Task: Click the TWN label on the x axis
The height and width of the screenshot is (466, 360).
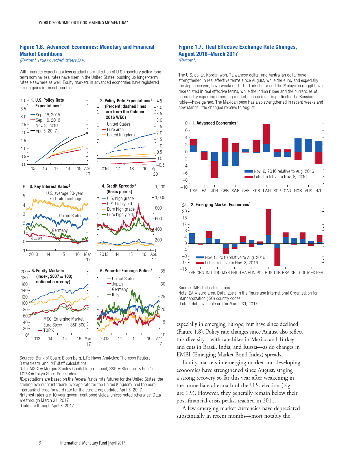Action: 267,191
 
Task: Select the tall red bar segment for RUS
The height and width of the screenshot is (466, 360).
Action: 268,222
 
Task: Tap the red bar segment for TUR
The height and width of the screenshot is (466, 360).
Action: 277,257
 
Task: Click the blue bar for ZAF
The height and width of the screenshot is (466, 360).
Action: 192,238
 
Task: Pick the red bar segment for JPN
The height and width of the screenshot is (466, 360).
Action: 215,169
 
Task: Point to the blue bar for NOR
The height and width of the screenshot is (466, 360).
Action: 298,145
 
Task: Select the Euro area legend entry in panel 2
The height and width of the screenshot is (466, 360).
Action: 115,130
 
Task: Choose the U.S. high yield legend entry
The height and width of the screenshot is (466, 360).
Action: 119,204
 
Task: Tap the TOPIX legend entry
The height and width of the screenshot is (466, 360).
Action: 48,330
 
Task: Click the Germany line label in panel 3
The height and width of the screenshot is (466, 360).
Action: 60,230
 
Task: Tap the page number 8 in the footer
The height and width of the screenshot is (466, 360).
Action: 40,443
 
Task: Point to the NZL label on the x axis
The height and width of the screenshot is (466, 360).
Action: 318,191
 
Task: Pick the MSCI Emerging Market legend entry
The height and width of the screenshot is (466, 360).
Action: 63,319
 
